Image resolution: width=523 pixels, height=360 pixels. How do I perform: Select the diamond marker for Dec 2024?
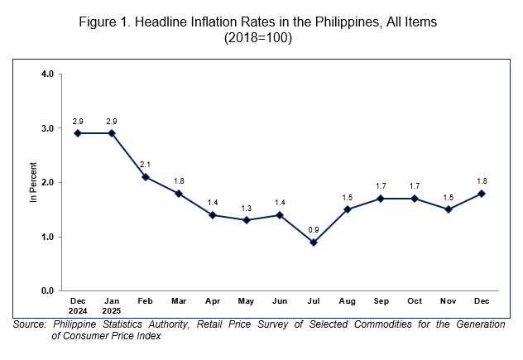79,133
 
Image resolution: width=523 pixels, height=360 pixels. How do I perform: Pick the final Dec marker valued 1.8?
481,194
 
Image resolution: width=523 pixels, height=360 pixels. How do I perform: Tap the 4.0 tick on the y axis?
47,74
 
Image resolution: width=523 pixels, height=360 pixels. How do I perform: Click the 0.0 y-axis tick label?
47,291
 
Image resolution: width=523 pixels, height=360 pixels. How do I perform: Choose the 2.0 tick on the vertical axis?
47,182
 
